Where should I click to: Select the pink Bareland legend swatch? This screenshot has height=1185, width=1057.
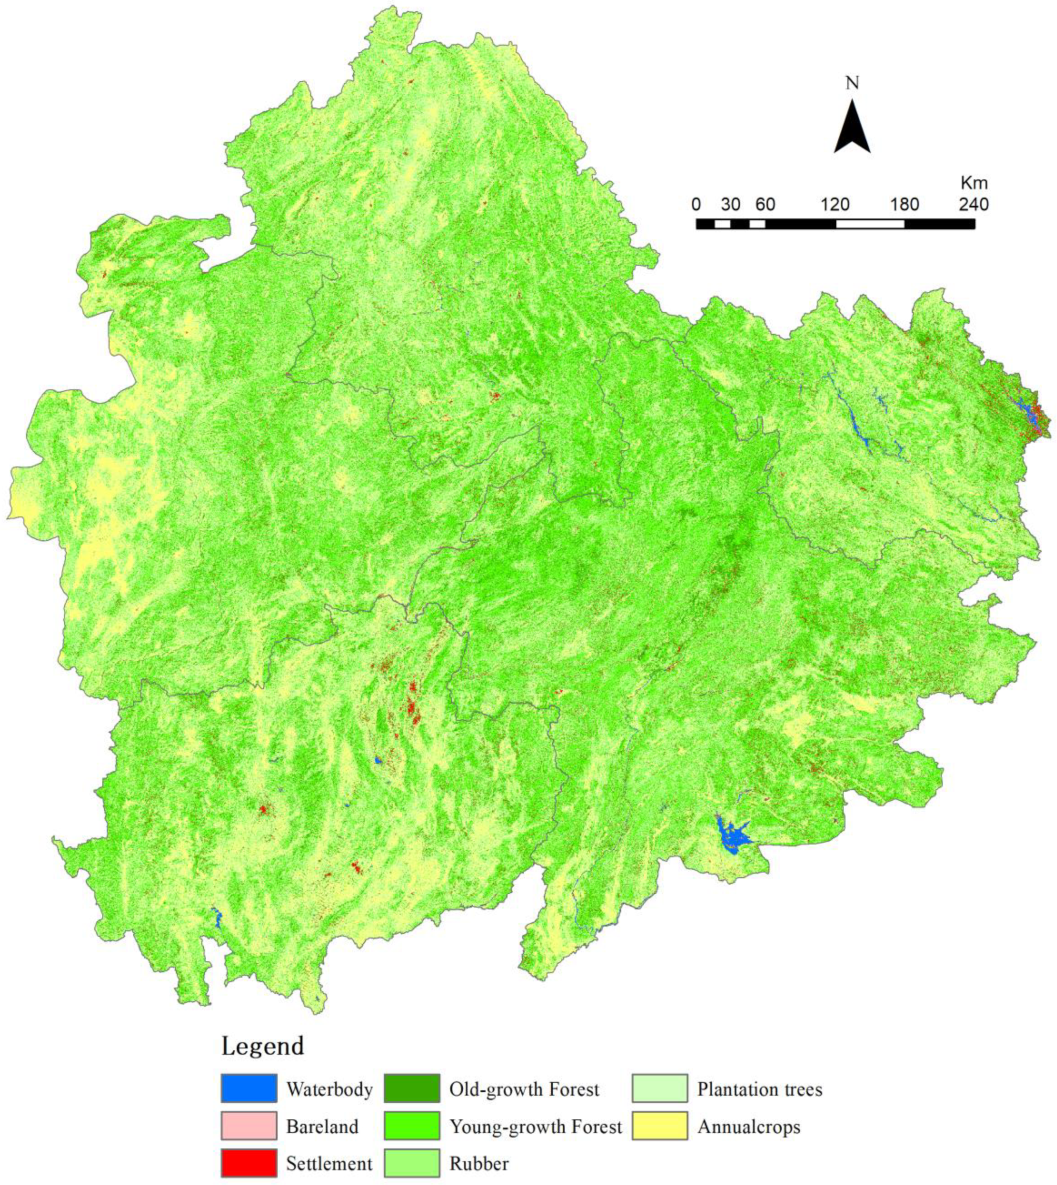click(249, 1126)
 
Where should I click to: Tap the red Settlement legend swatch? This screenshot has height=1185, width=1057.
click(249, 1163)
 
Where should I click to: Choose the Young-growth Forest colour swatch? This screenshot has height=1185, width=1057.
click(411, 1126)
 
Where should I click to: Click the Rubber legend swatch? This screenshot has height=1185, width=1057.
click(411, 1163)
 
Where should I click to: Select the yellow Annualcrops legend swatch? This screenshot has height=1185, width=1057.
click(659, 1126)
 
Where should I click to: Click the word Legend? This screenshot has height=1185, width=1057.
click(262, 1046)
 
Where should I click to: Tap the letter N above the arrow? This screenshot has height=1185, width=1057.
click(852, 83)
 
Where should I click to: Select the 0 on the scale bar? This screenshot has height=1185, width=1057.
click(696, 205)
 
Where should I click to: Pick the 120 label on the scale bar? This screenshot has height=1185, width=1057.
click(835, 205)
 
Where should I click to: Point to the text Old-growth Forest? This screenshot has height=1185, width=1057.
click(524, 1089)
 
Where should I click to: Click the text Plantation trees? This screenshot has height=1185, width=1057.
click(760, 1089)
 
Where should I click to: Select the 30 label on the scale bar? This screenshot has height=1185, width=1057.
click(731, 205)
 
